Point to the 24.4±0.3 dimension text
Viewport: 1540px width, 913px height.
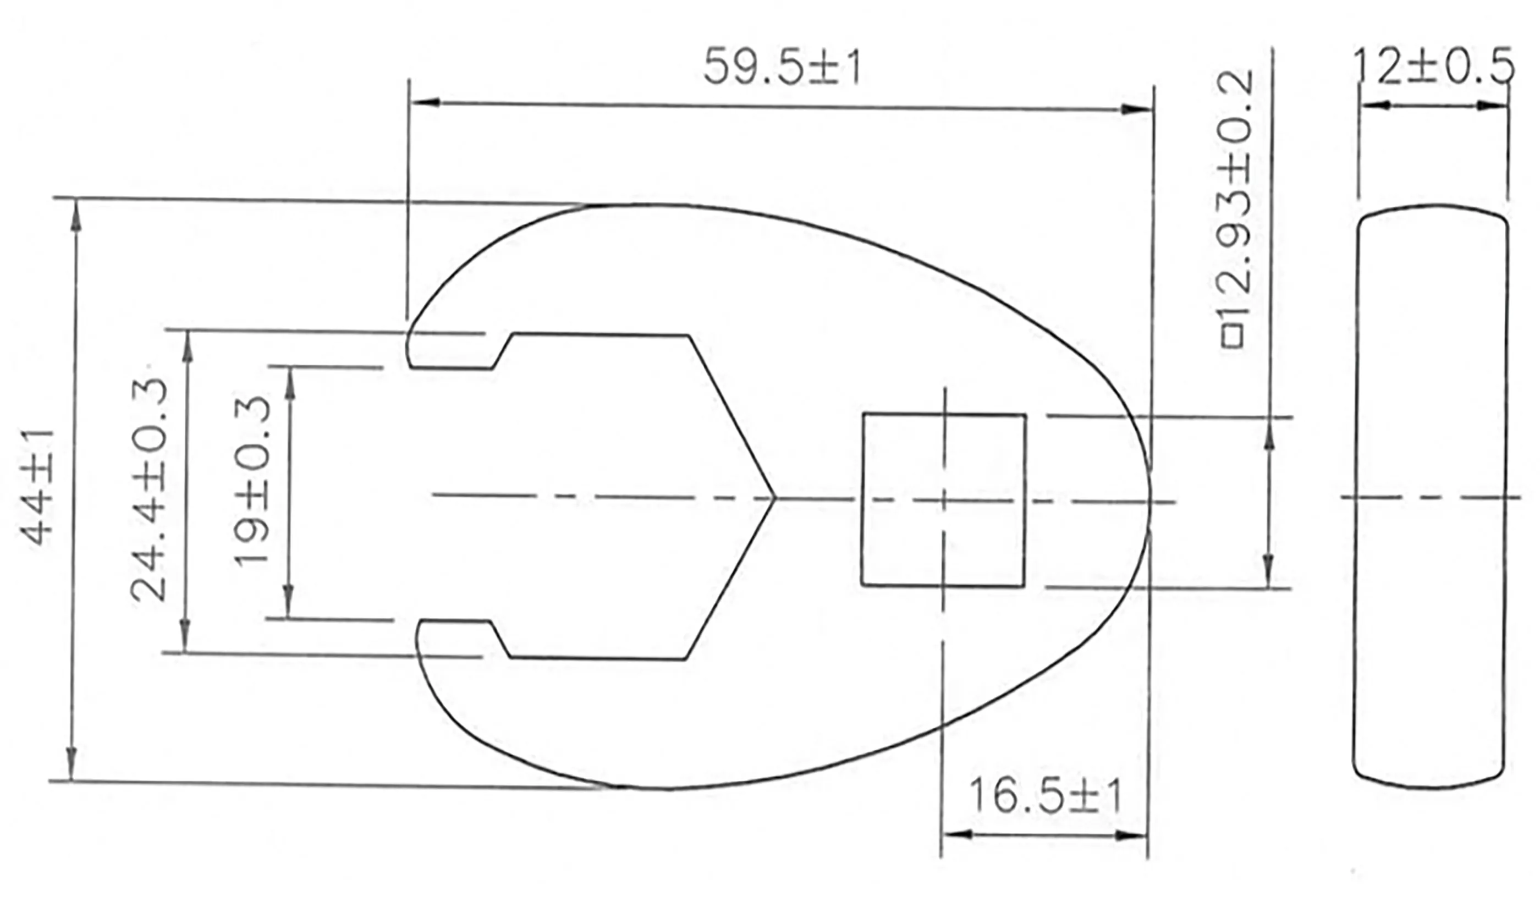point(149,489)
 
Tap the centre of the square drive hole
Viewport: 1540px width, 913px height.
point(943,499)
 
